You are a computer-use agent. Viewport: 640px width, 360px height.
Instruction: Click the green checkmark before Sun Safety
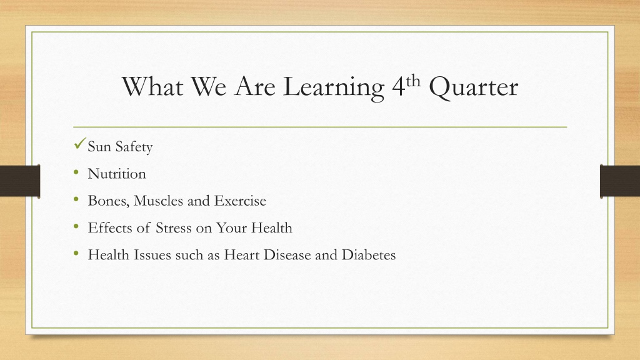80,144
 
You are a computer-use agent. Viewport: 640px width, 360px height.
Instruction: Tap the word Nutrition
117,174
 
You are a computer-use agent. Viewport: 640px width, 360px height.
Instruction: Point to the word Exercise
240,201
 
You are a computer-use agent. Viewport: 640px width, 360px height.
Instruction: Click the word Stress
174,227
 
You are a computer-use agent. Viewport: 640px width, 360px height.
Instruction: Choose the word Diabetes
369,255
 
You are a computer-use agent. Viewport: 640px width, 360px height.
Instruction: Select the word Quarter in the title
474,87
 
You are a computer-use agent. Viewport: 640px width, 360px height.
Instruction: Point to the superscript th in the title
413,81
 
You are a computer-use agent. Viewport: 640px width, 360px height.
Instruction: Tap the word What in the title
152,86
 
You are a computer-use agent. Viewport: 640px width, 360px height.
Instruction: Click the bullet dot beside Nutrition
76,172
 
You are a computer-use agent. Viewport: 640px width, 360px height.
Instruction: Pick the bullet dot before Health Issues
76,254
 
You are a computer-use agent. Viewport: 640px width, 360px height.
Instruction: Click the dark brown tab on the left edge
20,181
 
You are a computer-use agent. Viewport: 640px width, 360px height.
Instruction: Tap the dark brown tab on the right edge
620,181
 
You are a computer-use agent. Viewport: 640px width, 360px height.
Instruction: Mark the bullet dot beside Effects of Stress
76,226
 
